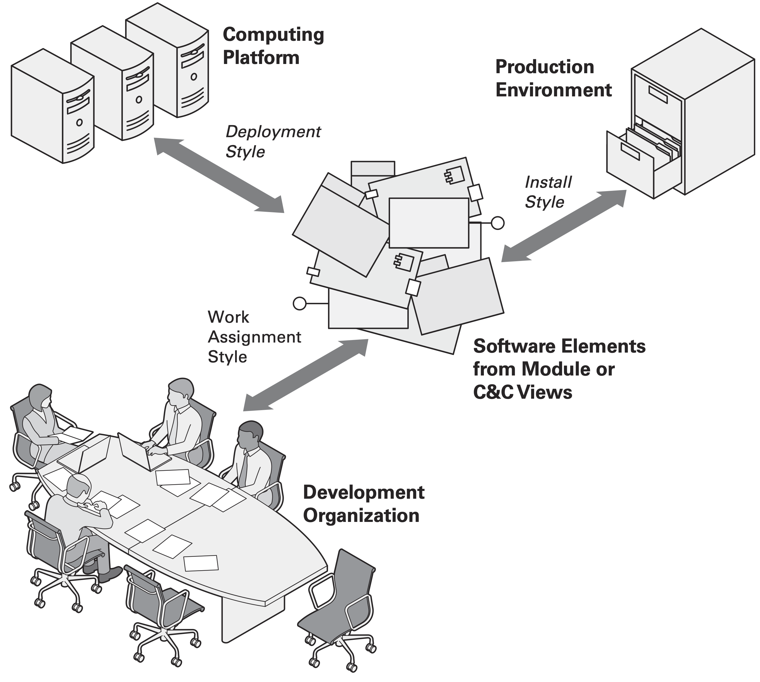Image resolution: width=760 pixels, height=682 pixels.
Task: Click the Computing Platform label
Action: [273, 46]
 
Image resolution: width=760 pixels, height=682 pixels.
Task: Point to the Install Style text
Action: [548, 192]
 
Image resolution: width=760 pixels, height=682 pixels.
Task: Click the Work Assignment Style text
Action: [254, 336]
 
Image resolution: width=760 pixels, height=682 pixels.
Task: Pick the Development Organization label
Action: [363, 504]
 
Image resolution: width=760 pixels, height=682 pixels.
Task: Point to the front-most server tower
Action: [52, 107]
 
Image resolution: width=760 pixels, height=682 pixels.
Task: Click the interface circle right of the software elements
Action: [498, 223]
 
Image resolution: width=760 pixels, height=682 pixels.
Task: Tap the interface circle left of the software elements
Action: [300, 303]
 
